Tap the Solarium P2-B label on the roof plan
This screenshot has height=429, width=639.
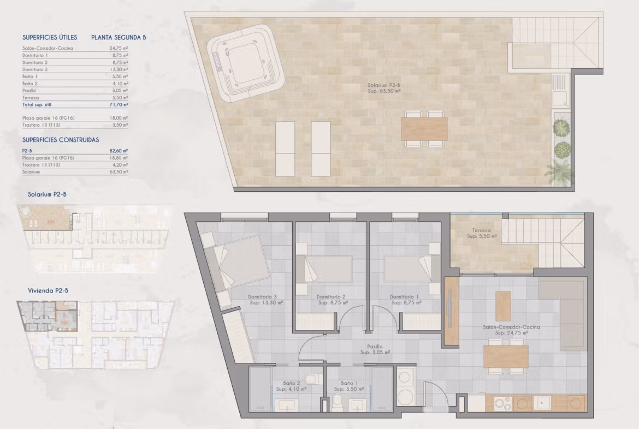point(384,85)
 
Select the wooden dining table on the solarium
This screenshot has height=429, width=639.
point(424,129)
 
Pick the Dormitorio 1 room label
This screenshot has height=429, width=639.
point(404,297)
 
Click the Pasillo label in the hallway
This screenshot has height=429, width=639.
point(375,346)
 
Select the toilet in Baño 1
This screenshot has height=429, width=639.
point(338,404)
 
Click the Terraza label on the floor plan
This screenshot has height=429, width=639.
point(481,231)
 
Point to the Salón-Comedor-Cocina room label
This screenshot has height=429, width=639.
point(511,327)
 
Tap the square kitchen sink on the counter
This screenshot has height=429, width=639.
point(543,403)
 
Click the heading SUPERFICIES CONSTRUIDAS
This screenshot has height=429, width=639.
point(61,140)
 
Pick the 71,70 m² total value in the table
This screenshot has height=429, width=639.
point(120,105)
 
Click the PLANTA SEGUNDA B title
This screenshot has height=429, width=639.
point(119,38)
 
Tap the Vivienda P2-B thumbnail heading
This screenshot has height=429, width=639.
point(48,291)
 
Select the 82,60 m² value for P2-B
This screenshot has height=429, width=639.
point(120,151)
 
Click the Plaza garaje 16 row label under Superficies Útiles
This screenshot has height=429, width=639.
point(49,118)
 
